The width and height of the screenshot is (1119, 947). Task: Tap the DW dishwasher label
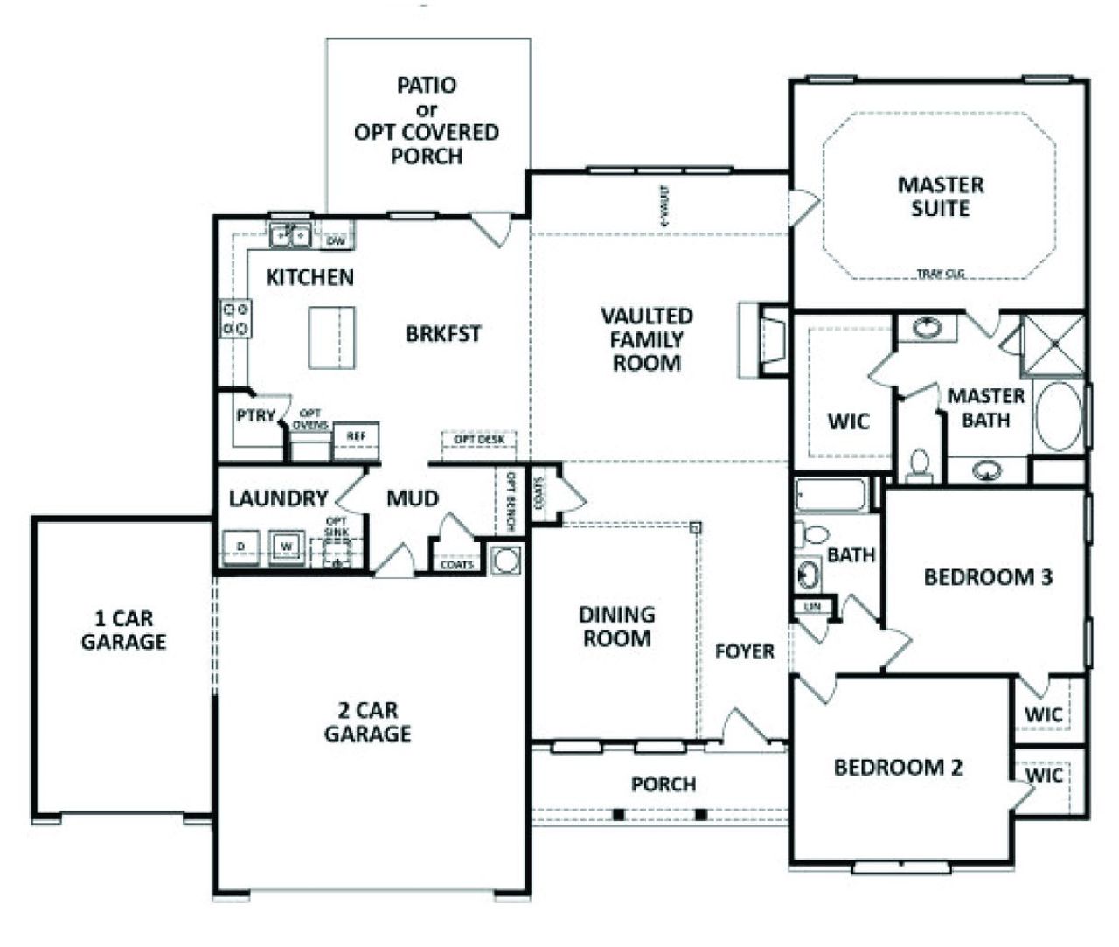click(337, 239)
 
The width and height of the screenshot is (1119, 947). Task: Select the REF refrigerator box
click(356, 435)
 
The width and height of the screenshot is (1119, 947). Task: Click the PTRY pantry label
click(255, 416)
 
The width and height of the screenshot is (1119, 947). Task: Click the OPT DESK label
click(479, 439)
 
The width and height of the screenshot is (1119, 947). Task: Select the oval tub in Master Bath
click(1058, 415)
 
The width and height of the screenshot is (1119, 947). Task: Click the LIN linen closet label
click(810, 606)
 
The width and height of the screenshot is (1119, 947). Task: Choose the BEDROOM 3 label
click(988, 577)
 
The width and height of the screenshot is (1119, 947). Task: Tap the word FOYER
click(744, 651)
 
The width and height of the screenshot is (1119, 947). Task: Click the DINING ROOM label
click(617, 627)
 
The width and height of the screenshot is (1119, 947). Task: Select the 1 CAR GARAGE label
click(123, 630)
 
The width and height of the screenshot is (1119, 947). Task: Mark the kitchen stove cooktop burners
click(235, 318)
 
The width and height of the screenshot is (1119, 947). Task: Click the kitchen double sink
click(290, 235)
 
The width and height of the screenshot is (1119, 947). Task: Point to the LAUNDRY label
click(278, 498)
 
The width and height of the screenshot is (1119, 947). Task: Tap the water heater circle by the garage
click(505, 561)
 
